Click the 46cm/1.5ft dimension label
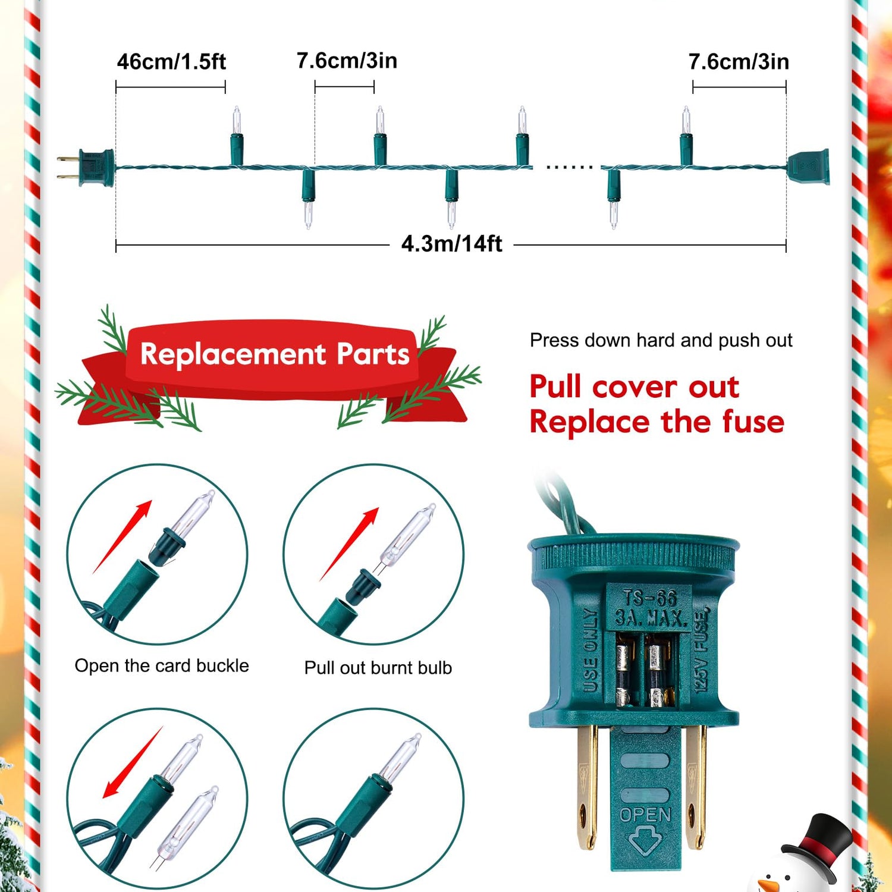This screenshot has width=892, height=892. click(x=171, y=62)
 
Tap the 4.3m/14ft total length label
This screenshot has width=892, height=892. click(x=452, y=244)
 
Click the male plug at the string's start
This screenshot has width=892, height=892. click(x=86, y=168)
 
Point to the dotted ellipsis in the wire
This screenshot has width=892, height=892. click(x=569, y=167)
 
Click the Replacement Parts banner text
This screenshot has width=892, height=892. click(x=275, y=354)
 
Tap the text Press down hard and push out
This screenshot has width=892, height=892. click(x=661, y=340)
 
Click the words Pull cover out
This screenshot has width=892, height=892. click(x=635, y=387)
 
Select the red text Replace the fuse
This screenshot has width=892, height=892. click(x=657, y=422)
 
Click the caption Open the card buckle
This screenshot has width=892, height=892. click(x=162, y=666)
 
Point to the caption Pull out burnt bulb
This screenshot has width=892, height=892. click(x=378, y=668)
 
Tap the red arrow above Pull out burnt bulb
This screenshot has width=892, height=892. click(x=349, y=544)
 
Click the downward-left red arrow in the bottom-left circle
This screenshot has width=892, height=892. click(x=133, y=762)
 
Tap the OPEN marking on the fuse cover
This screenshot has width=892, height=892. click(x=645, y=815)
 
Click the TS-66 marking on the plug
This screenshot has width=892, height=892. click(x=649, y=598)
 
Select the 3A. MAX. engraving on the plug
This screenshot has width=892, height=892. click(x=651, y=618)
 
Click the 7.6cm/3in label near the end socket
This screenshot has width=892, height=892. click(x=739, y=62)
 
